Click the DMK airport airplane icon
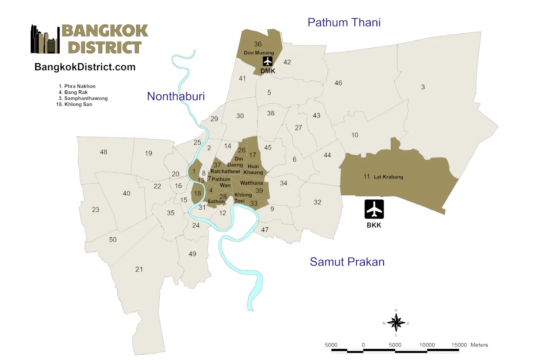pyautogui.click(x=267, y=61)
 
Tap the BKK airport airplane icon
pyautogui.click(x=374, y=209)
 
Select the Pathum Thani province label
pyautogui.click(x=344, y=22)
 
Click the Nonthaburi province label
pyautogui.click(x=176, y=96)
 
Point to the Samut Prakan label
pyautogui.click(x=347, y=262)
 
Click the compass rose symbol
pyautogui.click(x=396, y=323)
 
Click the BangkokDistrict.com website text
pyautogui.click(x=85, y=67)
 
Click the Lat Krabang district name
pyautogui.click(x=388, y=177)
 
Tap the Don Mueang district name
pyautogui.click(x=259, y=53)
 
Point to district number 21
pyautogui.click(x=139, y=269)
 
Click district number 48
pyautogui.click(x=104, y=152)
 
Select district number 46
pyautogui.click(x=338, y=83)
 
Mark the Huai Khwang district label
pyautogui.click(x=253, y=169)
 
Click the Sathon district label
pyautogui.click(x=216, y=202)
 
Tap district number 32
pyautogui.click(x=317, y=202)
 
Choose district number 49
pyautogui.click(x=192, y=254)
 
